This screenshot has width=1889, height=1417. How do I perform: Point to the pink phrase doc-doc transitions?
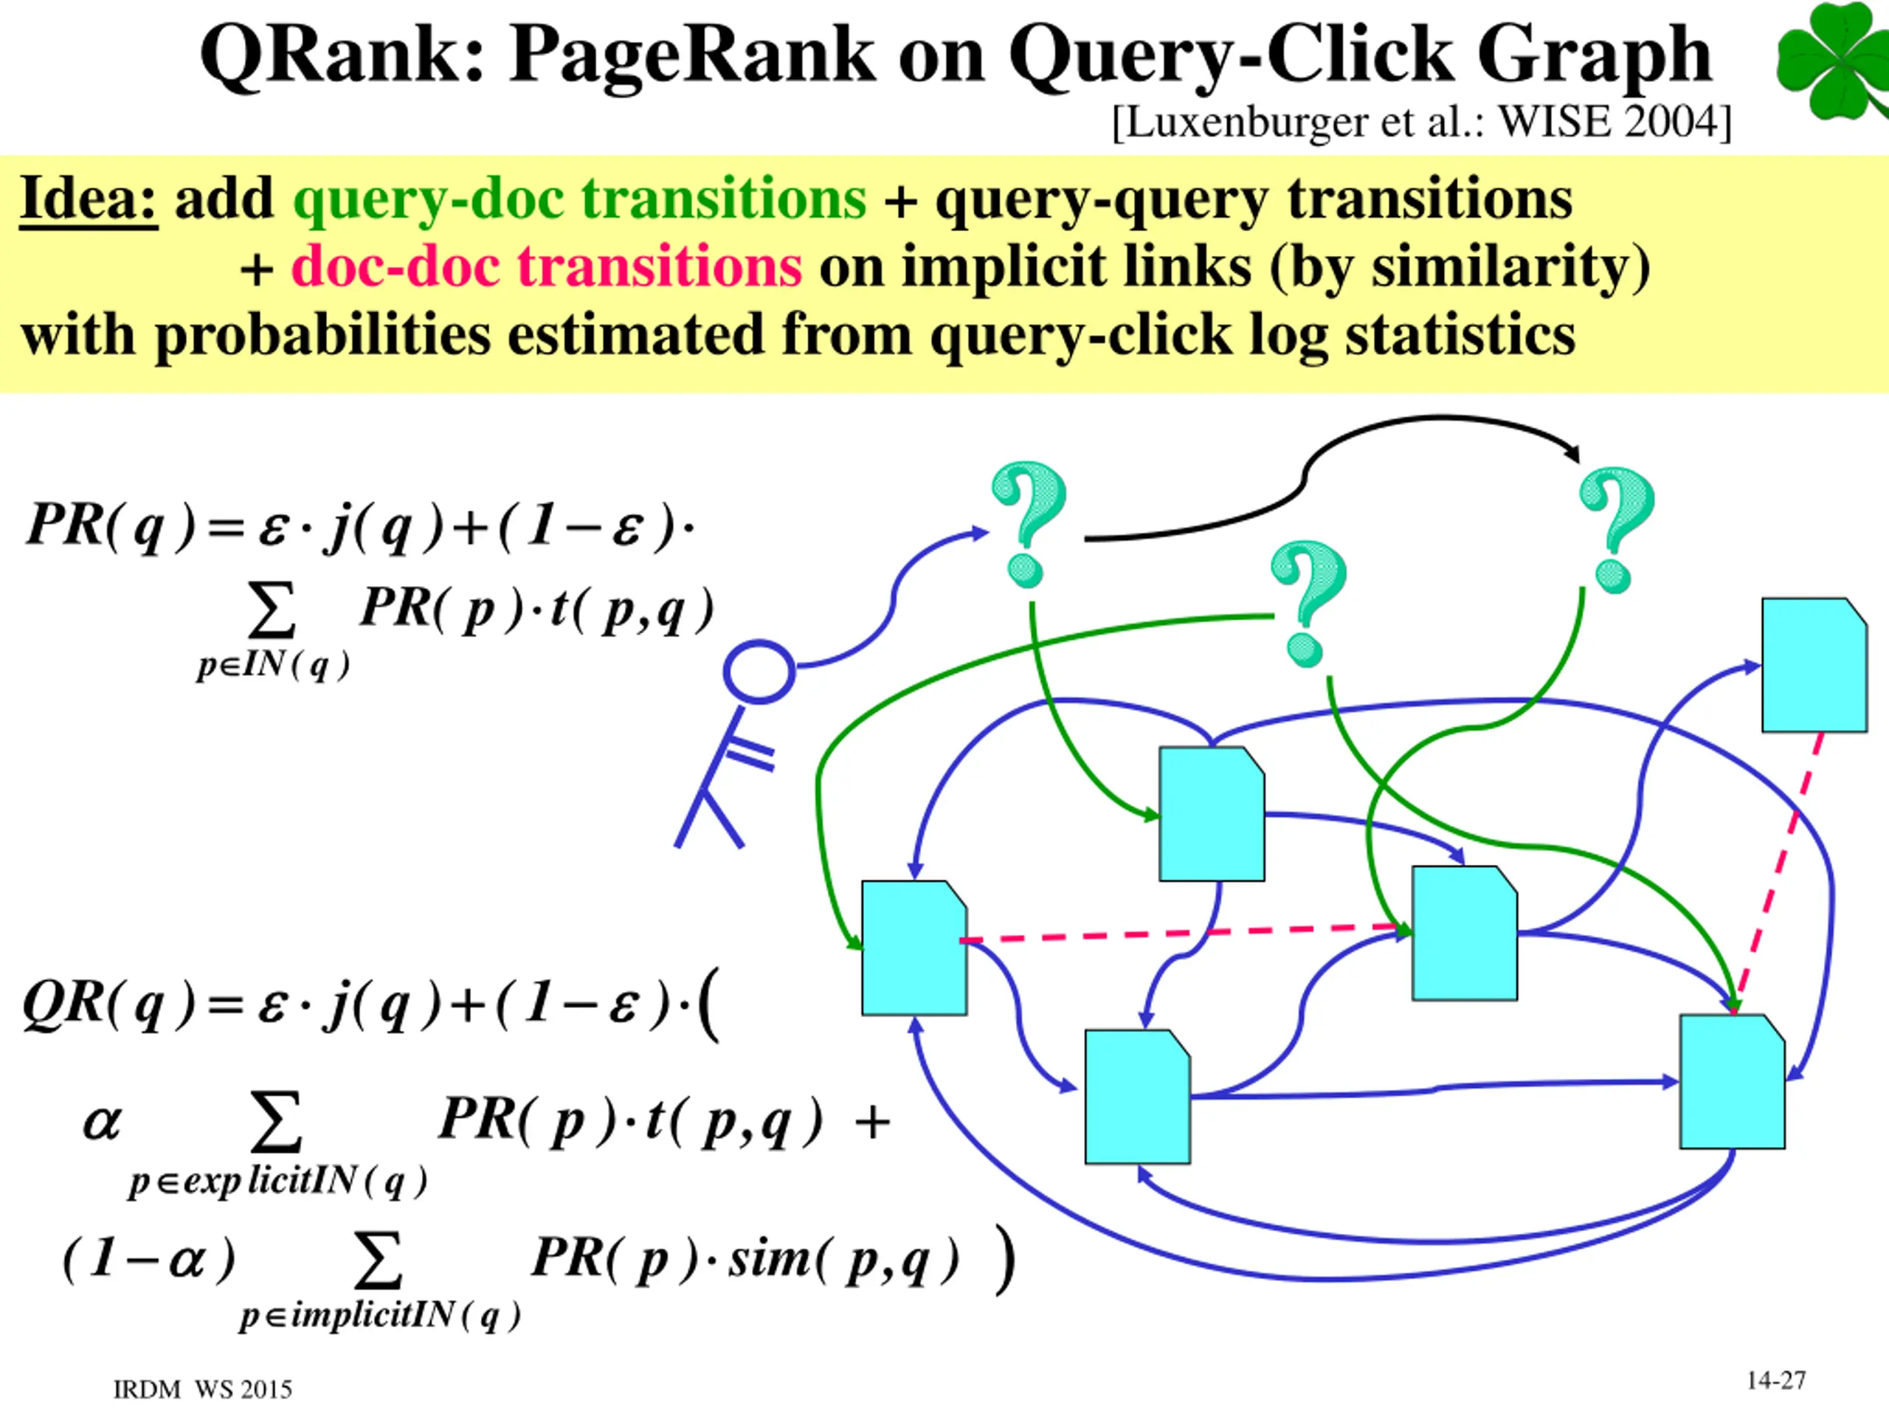tap(547, 266)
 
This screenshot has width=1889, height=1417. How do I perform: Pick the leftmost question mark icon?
tap(1028, 523)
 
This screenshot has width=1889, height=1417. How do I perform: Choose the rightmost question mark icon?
tap(1617, 530)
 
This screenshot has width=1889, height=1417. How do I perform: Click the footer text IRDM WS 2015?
tap(202, 1390)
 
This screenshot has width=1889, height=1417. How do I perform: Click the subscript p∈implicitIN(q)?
tap(380, 1316)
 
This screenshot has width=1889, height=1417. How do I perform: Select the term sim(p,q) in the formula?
tap(843, 1260)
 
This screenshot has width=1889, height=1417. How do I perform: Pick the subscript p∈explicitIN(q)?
tap(277, 1183)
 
